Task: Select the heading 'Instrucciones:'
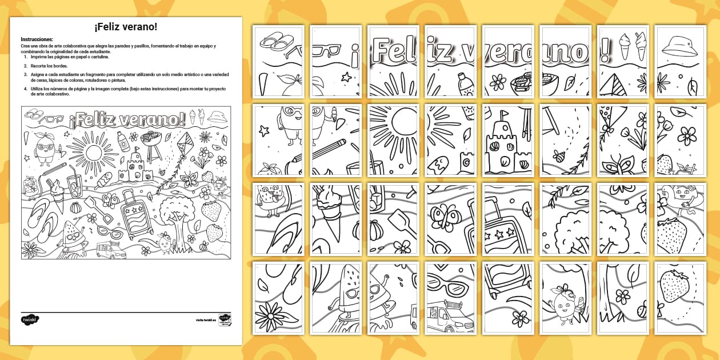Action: (x=37, y=39)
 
